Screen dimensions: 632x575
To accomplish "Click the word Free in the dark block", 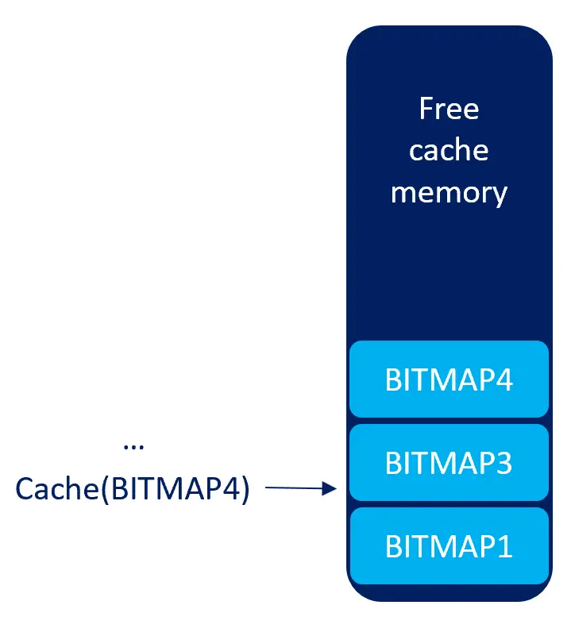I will [449, 109].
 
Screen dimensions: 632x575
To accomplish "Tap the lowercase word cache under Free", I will [449, 151].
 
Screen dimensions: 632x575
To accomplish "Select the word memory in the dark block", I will [449, 193].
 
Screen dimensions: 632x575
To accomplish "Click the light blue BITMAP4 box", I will [449, 380].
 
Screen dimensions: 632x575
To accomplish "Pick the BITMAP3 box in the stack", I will [449, 462].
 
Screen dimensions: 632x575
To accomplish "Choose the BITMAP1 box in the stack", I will [449, 546].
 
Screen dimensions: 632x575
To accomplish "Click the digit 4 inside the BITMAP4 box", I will [504, 380].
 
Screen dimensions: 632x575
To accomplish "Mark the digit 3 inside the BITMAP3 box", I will [504, 462].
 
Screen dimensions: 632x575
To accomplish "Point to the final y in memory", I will [499, 195].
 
